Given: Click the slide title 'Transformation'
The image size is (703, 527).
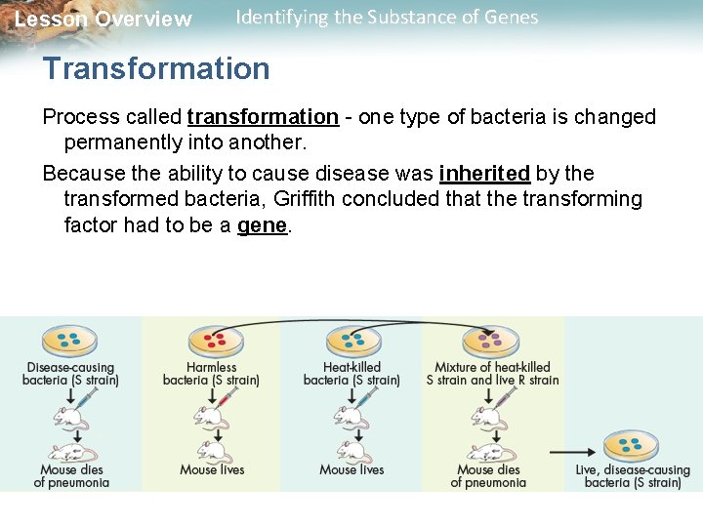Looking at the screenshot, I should [x=156, y=69].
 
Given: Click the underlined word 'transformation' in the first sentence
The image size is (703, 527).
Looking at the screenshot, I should [x=262, y=117].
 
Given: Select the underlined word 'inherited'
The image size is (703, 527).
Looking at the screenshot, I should [x=484, y=174].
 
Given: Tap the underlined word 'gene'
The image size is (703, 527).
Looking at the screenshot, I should [x=263, y=225].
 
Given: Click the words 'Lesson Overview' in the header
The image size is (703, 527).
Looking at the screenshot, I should [x=103, y=20].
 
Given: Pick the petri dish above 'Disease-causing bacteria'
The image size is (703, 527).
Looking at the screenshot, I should [x=69, y=341].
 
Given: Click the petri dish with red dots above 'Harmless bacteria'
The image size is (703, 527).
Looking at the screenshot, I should [x=211, y=341].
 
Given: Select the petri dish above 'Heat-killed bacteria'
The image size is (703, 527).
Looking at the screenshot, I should [x=352, y=341].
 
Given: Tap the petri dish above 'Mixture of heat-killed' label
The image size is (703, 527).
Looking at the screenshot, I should [x=492, y=341].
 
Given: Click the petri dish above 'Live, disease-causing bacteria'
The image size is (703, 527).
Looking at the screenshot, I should [x=631, y=446].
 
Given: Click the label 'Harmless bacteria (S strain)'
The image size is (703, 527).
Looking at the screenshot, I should [x=211, y=374].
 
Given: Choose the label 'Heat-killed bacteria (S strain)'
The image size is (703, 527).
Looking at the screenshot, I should [x=351, y=374].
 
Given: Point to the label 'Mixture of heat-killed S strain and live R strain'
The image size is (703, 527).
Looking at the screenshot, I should [x=492, y=374].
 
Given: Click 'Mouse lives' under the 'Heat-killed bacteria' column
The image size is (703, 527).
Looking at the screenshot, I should [x=351, y=469].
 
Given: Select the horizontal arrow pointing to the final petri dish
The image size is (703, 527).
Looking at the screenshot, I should [x=572, y=452].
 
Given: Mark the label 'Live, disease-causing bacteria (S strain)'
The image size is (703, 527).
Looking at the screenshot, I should [x=633, y=476].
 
